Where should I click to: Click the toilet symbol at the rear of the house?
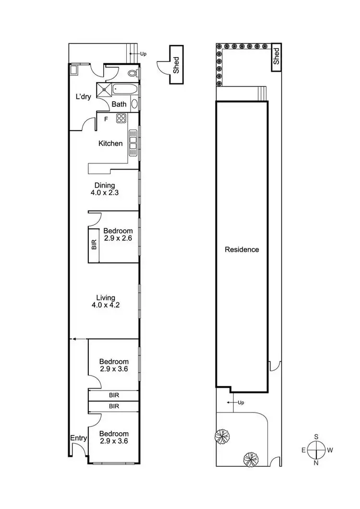(134, 73)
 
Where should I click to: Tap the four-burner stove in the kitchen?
(121, 118)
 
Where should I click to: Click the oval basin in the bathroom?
(134, 104)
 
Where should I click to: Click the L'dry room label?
(83, 96)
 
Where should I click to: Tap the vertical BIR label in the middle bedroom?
(94, 245)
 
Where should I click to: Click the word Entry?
(79, 438)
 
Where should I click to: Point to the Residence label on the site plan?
(242, 249)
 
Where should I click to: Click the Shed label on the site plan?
(276, 56)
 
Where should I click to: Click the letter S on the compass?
(316, 437)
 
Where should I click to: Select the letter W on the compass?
(330, 450)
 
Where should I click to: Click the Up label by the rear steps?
(143, 54)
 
